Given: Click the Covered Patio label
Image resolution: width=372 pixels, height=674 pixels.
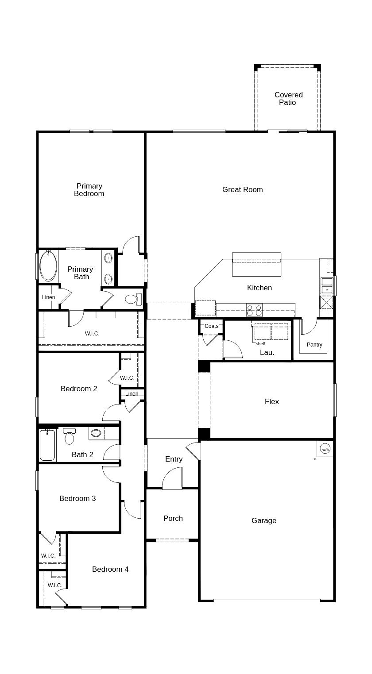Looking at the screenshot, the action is point(288,98).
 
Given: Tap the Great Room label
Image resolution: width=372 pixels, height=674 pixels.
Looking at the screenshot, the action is point(243,189).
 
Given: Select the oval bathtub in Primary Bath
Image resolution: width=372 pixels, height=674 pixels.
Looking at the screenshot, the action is point(48,266).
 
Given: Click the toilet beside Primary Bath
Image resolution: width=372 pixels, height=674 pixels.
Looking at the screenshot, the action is point(133,299).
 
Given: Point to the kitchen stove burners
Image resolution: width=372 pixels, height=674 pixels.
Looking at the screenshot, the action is point(255,310).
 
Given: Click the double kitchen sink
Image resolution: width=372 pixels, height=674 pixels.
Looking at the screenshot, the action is point(327,285).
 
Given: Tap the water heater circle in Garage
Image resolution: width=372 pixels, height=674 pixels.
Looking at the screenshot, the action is point(325,449).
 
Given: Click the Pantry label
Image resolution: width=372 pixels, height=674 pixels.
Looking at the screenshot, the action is point(314,344).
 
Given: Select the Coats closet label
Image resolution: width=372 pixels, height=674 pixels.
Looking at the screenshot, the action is point(211,326).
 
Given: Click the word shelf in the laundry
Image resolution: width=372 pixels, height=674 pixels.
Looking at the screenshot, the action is point(260,343).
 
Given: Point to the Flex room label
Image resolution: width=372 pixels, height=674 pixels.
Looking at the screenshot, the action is point(272,401).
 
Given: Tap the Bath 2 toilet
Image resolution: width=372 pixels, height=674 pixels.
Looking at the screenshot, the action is point(69,436).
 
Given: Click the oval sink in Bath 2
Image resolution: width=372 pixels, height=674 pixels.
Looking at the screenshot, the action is point(96,433).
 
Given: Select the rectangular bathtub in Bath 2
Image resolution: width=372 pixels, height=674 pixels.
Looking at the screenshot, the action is point(47,445).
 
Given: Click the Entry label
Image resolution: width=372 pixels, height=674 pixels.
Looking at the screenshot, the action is point(174,459).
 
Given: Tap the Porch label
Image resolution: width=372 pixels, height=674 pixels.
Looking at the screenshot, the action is point(173,518).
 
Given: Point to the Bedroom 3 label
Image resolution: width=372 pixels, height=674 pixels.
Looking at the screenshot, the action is point(77,498).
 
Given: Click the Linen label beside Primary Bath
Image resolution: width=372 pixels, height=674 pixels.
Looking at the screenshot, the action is point(49,297).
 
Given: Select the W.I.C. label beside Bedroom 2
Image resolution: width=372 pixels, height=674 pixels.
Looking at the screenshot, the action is point(127,377).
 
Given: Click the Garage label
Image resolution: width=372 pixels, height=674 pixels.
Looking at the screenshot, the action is point(264,520).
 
